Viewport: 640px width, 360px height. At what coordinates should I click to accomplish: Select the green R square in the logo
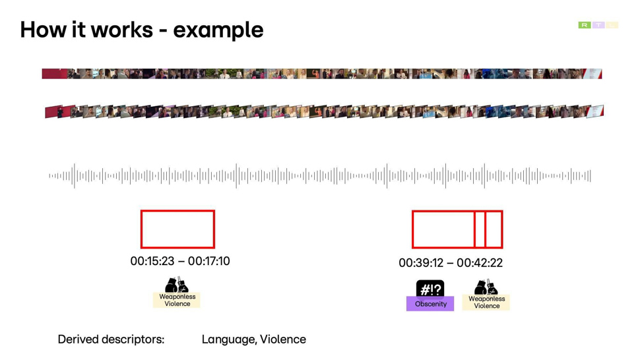pos(585,25)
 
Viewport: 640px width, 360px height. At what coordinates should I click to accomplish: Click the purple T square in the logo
pos(598,25)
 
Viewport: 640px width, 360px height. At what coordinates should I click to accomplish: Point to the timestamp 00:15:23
pos(152,261)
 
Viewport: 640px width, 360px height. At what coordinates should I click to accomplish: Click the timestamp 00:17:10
pos(209,261)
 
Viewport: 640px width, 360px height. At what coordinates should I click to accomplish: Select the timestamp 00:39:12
pos(421,263)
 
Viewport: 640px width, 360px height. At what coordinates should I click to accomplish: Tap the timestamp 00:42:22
pos(480,263)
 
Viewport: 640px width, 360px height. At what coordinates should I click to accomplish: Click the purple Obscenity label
pos(430,304)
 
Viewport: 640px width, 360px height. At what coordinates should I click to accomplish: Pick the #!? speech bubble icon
pos(430,289)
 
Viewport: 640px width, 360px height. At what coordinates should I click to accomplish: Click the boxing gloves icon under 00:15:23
pos(177,285)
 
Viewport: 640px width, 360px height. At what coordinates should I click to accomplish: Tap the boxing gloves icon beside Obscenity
pos(486,287)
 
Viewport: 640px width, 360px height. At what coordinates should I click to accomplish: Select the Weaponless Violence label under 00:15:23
pos(177,300)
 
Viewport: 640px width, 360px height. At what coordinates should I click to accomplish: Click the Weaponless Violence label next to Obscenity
pos(486,302)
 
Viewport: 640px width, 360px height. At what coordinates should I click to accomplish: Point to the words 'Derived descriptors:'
pos(111,339)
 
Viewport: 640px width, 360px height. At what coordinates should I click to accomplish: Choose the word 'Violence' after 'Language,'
pos(283,339)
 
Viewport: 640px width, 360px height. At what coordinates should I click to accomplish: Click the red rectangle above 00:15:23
pos(141,229)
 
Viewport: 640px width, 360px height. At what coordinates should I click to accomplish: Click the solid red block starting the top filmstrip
pos(55,74)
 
